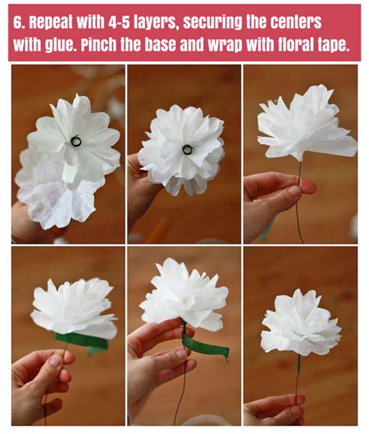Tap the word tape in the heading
[x=336, y=44]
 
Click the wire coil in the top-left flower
[x=76, y=142]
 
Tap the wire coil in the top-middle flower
[x=188, y=148]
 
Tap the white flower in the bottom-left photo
[x=75, y=307]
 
